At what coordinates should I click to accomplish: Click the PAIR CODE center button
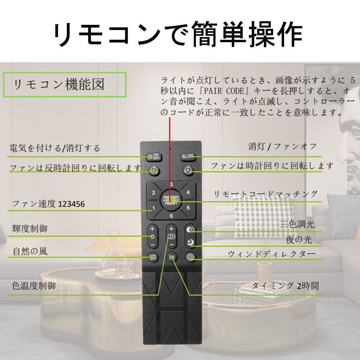pos(171,200)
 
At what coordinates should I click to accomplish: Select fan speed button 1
pos(153,208)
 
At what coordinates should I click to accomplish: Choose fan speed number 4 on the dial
pos(188,192)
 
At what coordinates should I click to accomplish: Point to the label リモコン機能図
pos(59,85)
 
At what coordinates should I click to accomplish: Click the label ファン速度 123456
pos(49,204)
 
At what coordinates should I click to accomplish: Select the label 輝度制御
pos(30,228)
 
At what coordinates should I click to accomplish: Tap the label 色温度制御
pos(34,286)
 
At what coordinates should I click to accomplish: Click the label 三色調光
pos(297,224)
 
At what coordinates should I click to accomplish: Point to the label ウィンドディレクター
pos(272,254)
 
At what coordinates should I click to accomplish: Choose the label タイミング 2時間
pos(284,286)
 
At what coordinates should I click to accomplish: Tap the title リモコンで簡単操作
pos(178,35)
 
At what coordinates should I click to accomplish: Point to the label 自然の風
pos(30,251)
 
